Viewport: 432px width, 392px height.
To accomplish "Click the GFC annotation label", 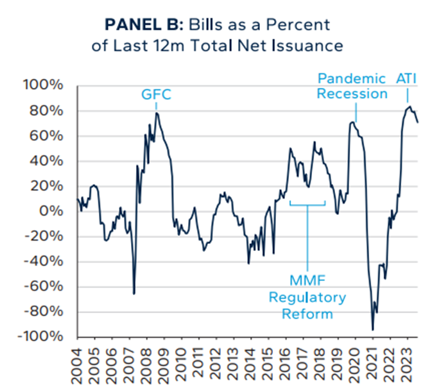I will coord(156,96).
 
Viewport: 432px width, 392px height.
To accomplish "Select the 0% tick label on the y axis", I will coord(57,212).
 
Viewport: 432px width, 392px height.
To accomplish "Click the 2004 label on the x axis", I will coord(78,362).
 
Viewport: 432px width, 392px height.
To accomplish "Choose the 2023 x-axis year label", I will coord(404,362).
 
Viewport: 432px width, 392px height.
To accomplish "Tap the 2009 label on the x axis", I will coord(164,362).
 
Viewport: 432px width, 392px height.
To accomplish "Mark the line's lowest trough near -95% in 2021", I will coord(373,330).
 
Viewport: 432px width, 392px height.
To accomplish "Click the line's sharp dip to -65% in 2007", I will coord(134,294).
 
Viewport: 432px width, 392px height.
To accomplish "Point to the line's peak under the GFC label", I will coord(156,113).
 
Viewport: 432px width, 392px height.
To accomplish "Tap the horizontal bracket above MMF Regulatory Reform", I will coord(307,205).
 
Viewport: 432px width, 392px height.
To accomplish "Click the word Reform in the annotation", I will coord(309,314).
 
